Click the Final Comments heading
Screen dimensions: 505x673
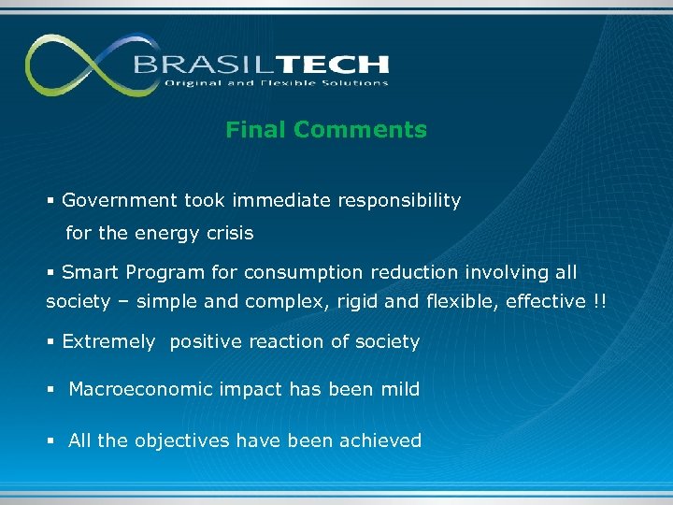325,130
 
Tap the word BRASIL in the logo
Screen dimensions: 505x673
193,65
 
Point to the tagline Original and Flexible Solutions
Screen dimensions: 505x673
277,83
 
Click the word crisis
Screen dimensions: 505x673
231,233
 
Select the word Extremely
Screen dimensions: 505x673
108,342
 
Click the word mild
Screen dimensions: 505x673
399,389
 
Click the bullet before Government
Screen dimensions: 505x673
51,201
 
